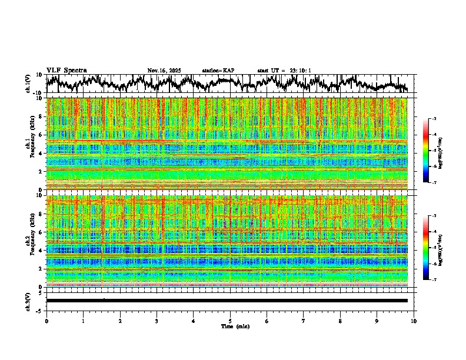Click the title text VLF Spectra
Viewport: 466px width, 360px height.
click(x=66, y=71)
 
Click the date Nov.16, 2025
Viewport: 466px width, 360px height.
click(x=164, y=71)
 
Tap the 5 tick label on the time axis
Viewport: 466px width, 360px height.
click(x=230, y=321)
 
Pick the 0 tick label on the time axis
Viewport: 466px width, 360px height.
click(x=46, y=321)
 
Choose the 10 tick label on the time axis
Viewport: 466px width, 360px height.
click(x=414, y=321)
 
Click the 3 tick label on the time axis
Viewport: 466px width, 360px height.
click(x=157, y=321)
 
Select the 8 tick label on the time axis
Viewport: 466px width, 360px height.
click(x=340, y=321)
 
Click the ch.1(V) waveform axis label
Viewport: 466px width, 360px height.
click(x=28, y=84)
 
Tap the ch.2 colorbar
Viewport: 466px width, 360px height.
click(x=425, y=248)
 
